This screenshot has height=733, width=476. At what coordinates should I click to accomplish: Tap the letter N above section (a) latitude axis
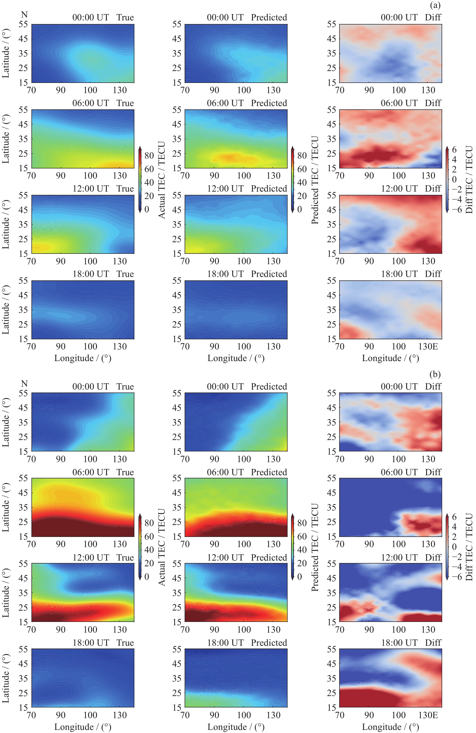[x=24, y=15]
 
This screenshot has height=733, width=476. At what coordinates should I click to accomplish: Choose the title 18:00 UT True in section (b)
[x=103, y=643]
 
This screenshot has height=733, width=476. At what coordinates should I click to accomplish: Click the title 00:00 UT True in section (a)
[x=103, y=18]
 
